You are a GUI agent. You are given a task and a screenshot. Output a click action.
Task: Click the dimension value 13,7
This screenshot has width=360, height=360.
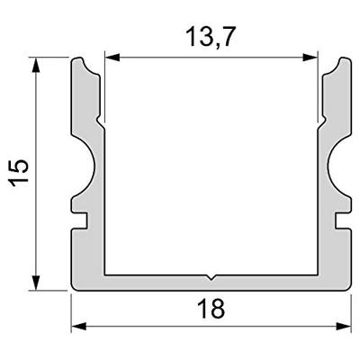pyautogui.click(x=211, y=40)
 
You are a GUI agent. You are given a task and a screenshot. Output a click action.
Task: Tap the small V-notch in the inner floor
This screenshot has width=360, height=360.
pyautogui.click(x=211, y=276)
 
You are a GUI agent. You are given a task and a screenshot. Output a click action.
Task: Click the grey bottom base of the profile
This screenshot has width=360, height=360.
pyautogui.click(x=211, y=283)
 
